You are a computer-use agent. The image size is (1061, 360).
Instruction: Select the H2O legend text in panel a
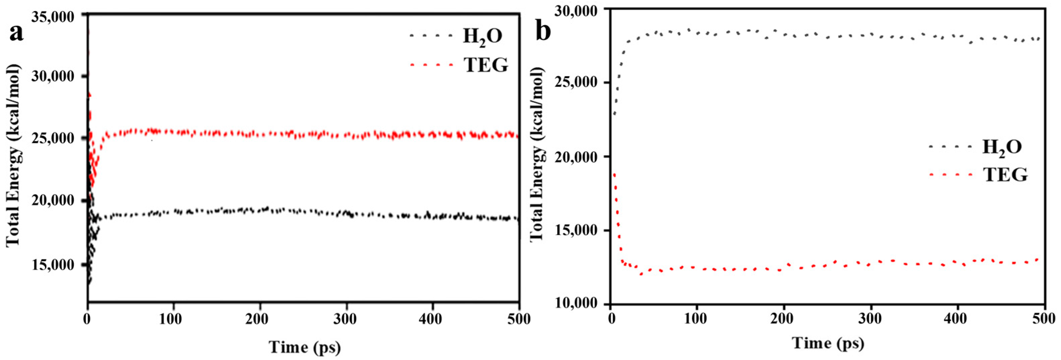click(x=482, y=36)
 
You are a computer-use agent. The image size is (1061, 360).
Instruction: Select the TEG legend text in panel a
click(x=486, y=65)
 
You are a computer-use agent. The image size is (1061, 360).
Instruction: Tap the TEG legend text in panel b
click(x=1005, y=175)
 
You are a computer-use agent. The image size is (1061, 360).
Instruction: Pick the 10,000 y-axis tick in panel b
click(x=575, y=304)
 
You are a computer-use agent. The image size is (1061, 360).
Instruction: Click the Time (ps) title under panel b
click(x=828, y=343)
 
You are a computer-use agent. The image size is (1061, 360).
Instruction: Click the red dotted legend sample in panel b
click(x=951, y=175)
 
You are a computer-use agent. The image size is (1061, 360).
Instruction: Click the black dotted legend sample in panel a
click(x=431, y=36)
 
